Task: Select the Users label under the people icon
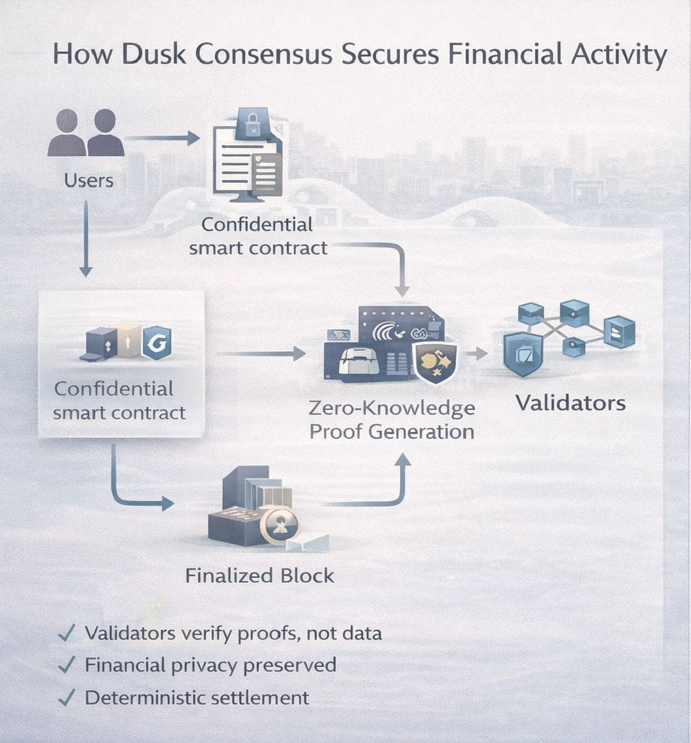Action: coord(89,180)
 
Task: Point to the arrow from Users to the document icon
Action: coord(163,137)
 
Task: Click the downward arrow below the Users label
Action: coord(86,239)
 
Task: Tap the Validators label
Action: coord(570,403)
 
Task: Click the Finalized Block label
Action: coord(260,576)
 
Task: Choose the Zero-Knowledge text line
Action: coord(392,409)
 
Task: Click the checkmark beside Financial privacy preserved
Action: coord(66,665)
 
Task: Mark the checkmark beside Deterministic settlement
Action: coord(66,698)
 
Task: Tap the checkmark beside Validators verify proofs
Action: coord(66,633)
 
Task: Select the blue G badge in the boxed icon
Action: coord(157,342)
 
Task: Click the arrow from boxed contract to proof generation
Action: coord(261,354)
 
